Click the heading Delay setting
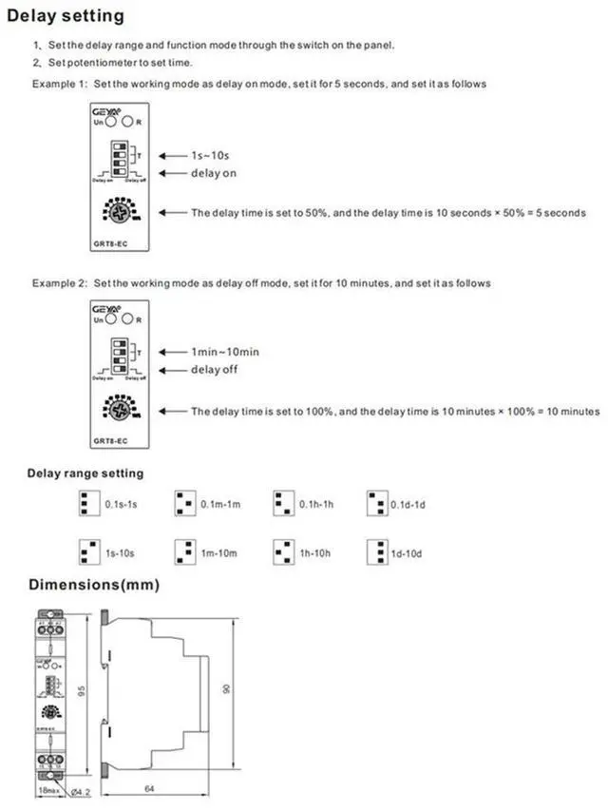66,16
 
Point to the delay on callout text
214,173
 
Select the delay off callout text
214,369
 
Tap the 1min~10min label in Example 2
225,352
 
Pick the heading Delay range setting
85,473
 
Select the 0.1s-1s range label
123,503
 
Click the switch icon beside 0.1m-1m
184,503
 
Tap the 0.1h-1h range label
315,503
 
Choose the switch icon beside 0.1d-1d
376,503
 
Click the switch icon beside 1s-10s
88,550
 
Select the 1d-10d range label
408,550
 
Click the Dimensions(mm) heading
93,584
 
